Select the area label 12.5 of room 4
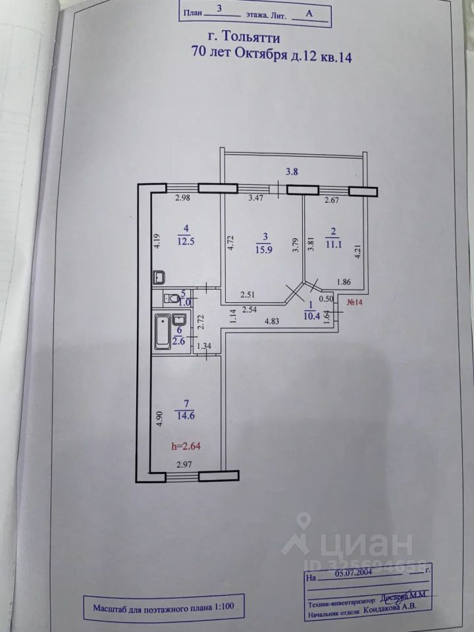click(186, 240)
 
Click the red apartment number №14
click(356, 303)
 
